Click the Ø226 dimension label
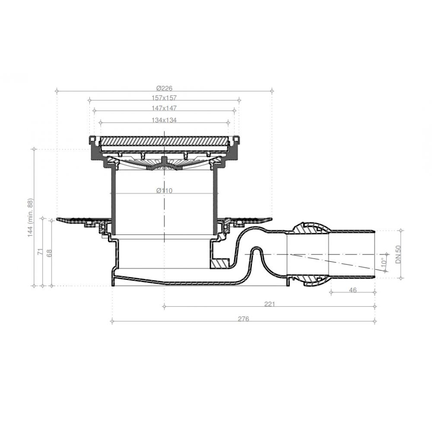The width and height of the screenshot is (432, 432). (165, 88)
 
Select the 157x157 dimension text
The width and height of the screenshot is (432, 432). (165, 98)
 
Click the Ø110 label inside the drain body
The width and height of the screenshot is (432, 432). (165, 191)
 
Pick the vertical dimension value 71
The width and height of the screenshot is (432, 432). (39, 251)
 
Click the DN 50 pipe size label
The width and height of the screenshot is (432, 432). (399, 254)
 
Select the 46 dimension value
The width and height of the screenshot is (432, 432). (353, 290)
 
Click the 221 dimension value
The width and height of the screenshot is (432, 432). (269, 304)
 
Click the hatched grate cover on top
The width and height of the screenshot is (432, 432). (165, 141)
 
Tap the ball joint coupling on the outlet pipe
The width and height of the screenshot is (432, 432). (308, 254)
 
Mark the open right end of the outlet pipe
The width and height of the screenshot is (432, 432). (374, 254)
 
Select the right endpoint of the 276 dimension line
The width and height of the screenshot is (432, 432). (375, 321)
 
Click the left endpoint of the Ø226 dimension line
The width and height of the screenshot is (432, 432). (57, 91)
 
